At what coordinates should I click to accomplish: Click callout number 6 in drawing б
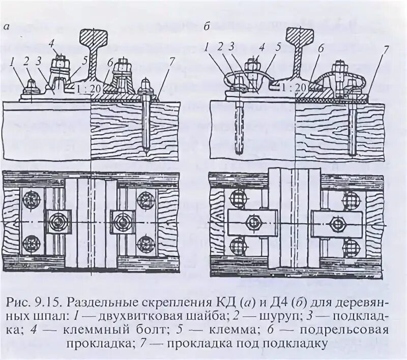[320, 49]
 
